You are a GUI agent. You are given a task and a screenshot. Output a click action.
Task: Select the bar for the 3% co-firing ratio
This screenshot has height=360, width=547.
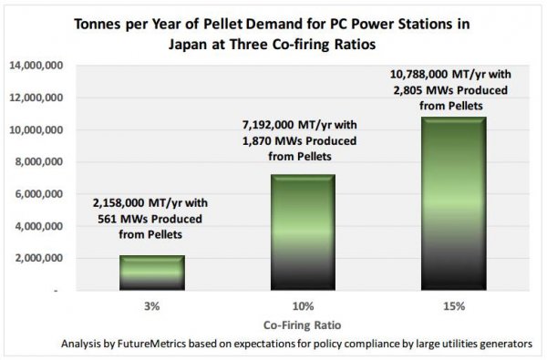(152, 273)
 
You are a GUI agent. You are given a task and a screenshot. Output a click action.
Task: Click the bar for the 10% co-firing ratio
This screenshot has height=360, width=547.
(303, 232)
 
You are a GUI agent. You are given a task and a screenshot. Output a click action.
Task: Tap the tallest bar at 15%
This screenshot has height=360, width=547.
(453, 204)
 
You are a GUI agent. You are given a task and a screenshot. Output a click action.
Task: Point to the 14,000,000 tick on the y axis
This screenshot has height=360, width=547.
(36, 66)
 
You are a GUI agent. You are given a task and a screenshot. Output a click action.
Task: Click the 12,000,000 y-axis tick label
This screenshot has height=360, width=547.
(36, 98)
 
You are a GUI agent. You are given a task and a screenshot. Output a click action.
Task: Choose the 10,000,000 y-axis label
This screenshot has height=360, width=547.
(36, 129)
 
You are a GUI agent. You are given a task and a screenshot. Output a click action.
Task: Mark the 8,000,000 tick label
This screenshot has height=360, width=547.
(38, 162)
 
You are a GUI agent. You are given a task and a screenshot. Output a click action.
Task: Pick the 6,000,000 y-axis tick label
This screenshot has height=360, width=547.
(38, 194)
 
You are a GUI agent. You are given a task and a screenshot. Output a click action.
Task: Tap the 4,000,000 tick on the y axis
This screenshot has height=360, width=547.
(38, 226)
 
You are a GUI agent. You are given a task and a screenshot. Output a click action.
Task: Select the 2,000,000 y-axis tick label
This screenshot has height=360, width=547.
(38, 259)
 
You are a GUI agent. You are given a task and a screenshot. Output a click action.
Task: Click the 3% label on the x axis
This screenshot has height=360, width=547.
(152, 306)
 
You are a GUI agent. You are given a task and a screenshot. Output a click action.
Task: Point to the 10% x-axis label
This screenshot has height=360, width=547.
(304, 306)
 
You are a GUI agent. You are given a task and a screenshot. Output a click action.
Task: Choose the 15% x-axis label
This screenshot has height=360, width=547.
(454, 306)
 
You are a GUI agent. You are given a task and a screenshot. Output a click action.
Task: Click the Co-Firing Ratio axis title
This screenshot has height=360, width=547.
(302, 325)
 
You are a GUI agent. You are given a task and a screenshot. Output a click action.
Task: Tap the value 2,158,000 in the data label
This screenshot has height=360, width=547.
(119, 203)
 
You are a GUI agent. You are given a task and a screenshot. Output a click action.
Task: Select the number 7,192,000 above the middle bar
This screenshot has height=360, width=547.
(268, 125)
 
